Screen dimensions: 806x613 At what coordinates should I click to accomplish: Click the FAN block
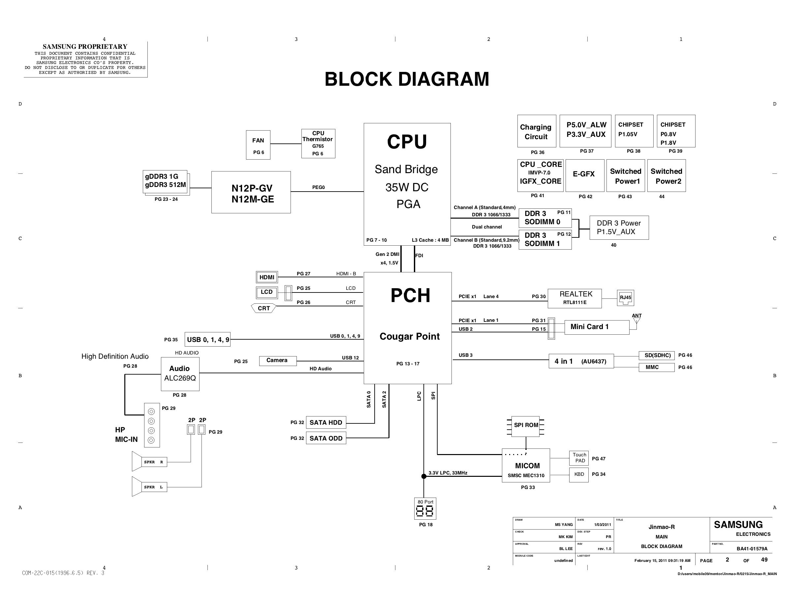[258, 145]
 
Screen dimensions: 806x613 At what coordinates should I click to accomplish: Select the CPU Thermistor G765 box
[318, 143]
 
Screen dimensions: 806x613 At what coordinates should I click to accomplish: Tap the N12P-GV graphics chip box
[251, 192]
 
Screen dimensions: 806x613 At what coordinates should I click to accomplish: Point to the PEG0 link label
[319, 188]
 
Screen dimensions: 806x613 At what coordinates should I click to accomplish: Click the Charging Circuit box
[537, 131]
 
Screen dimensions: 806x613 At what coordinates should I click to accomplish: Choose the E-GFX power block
[585, 175]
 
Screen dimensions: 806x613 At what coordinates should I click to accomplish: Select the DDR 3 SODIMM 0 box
[545, 218]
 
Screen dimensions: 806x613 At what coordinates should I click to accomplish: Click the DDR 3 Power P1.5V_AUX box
[619, 228]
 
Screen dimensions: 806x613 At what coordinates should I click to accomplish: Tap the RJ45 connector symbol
[625, 298]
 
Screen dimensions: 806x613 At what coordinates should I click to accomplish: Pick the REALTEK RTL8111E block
[575, 298]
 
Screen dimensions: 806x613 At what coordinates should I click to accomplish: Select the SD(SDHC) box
[657, 355]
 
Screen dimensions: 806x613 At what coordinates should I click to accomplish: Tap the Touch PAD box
[579, 458]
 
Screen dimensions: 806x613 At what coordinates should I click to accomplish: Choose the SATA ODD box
[326, 438]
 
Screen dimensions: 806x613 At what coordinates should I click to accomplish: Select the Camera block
[278, 361]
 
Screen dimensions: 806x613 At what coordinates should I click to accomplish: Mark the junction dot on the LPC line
[424, 476]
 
